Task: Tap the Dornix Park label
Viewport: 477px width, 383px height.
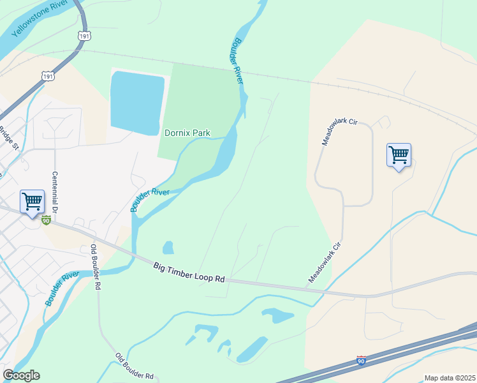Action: (187, 133)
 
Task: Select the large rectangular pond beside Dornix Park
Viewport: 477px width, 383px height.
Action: (136, 102)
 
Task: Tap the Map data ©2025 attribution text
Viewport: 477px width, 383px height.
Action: (449, 378)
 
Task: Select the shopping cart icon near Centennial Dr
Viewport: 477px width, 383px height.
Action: (32, 202)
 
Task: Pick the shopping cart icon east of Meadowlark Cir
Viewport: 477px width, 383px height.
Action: (399, 155)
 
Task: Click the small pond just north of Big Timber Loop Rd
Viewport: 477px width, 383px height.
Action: (168, 247)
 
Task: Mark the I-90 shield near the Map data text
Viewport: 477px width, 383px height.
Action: (362, 361)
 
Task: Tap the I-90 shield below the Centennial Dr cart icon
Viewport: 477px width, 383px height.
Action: (46, 220)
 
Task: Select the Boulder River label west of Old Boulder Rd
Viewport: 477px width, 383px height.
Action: (61, 289)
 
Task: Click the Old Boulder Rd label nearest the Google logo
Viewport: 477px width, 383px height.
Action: (135, 366)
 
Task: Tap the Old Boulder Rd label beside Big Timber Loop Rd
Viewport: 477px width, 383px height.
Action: (95, 267)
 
